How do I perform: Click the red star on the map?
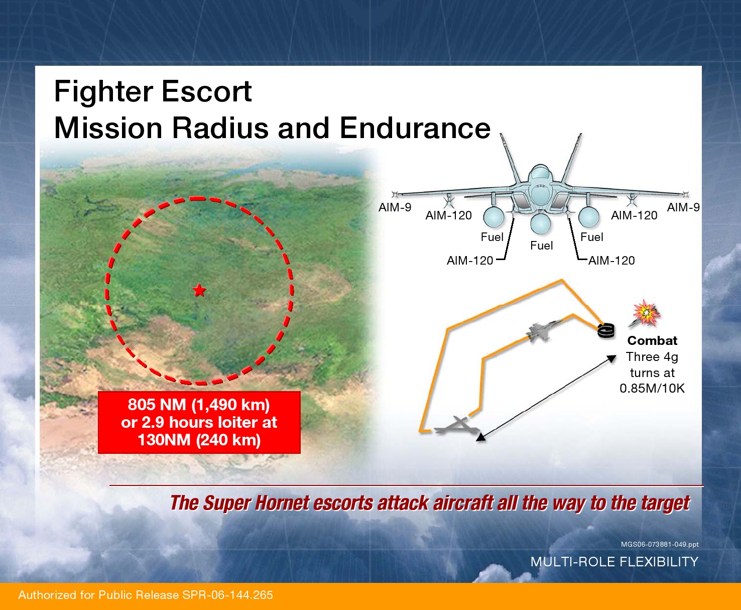pyautogui.click(x=199, y=290)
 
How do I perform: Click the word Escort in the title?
pyautogui.click(x=206, y=91)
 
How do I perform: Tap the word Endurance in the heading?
pyautogui.click(x=415, y=128)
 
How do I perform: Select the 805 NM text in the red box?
pyautogui.click(x=157, y=405)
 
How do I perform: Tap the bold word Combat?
pyautogui.click(x=652, y=340)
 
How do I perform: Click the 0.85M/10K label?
pyautogui.click(x=652, y=388)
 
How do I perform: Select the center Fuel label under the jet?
pyautogui.click(x=541, y=246)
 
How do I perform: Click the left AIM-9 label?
pyautogui.click(x=395, y=207)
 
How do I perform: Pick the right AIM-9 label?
pyautogui.click(x=683, y=207)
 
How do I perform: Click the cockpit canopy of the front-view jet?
pyautogui.click(x=540, y=174)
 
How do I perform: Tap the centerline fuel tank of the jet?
pyautogui.click(x=540, y=223)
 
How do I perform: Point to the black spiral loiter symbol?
pyautogui.click(x=606, y=330)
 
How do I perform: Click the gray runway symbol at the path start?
pyautogui.click(x=456, y=426)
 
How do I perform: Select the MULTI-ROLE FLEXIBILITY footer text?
pyautogui.click(x=614, y=561)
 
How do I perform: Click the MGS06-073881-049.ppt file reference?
pyautogui.click(x=660, y=544)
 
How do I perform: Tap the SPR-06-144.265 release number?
pyautogui.click(x=227, y=594)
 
